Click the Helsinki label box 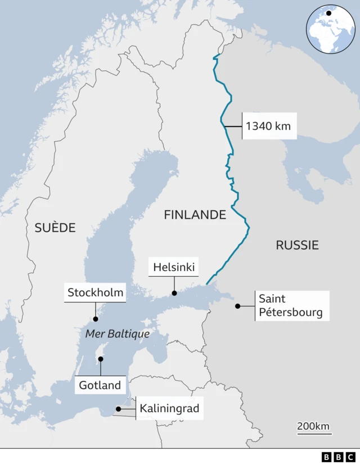click(174, 267)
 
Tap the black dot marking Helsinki click(174, 293)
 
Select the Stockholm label click(95, 292)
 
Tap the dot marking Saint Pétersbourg click(238, 306)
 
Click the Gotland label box click(100, 385)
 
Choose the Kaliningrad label click(169, 409)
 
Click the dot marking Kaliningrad click(118, 409)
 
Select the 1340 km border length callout click(268, 126)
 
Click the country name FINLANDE click(195, 215)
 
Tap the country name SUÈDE click(55, 228)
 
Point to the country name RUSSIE click(297, 245)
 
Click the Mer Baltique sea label click(118, 334)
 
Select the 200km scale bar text click(313, 426)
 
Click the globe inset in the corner click(330, 29)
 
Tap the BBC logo click(339, 457)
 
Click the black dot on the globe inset click(328, 13)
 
